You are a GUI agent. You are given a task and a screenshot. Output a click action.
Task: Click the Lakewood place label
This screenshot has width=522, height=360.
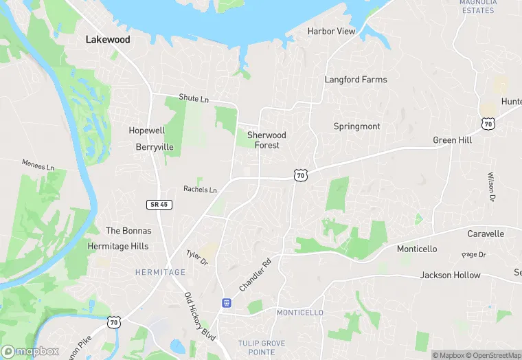107,40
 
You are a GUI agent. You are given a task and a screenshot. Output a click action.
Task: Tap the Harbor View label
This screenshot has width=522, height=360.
331,32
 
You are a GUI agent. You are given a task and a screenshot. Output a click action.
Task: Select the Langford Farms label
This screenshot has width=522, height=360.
355,80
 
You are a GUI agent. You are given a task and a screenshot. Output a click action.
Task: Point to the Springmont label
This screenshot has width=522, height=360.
356,126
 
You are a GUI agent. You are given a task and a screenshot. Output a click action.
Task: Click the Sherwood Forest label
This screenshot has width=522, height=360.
266,140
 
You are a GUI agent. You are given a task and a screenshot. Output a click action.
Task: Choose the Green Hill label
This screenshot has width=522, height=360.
452,140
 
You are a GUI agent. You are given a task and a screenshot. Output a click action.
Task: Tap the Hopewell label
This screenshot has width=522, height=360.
146,131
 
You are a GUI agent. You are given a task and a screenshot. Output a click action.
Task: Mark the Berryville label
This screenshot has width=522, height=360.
155,147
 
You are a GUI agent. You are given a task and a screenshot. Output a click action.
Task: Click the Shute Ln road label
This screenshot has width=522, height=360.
193,99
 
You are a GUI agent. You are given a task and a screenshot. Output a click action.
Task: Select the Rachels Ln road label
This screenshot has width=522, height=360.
200,190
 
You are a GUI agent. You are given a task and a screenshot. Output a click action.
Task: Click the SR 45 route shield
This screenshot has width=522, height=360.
158,204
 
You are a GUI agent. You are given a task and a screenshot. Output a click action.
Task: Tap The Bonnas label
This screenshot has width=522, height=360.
127,231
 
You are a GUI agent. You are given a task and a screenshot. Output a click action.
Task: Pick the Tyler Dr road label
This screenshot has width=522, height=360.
197,258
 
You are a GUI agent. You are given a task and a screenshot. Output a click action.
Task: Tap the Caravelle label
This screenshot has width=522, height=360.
486,234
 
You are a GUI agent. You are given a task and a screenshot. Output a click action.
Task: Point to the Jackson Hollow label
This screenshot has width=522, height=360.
450,275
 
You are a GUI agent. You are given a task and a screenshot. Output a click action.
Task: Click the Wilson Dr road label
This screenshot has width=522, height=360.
491,187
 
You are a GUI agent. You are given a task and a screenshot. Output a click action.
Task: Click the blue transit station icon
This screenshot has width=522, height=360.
225,302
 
